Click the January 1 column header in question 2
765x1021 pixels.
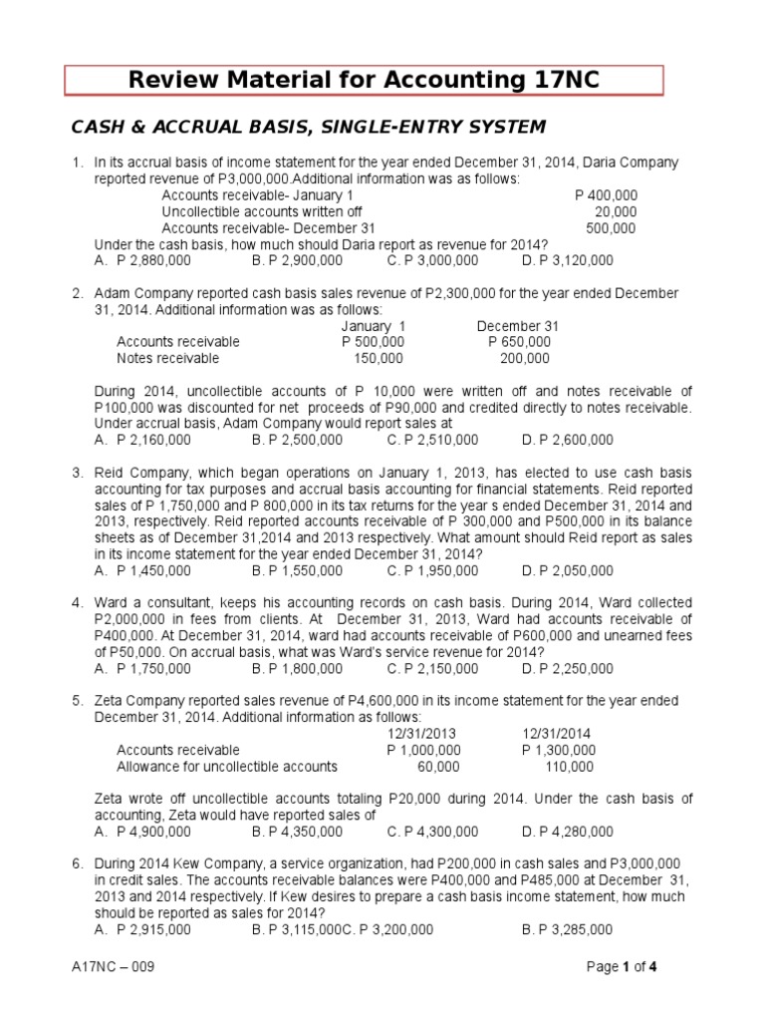374,326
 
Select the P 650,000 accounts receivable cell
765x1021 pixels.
519,342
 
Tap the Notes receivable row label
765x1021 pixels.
167,358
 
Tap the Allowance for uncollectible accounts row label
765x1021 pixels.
227,767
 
